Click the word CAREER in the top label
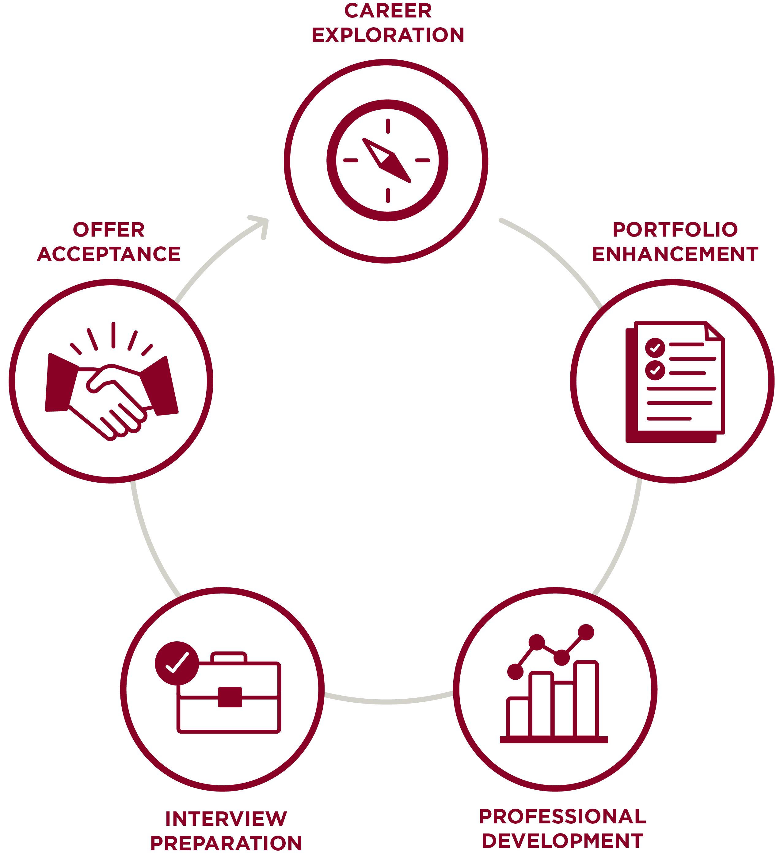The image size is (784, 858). (388, 11)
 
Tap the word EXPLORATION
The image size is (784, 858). (388, 35)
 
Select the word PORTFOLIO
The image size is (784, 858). (675, 230)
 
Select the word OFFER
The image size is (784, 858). (109, 230)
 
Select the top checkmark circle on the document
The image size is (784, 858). (655, 348)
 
